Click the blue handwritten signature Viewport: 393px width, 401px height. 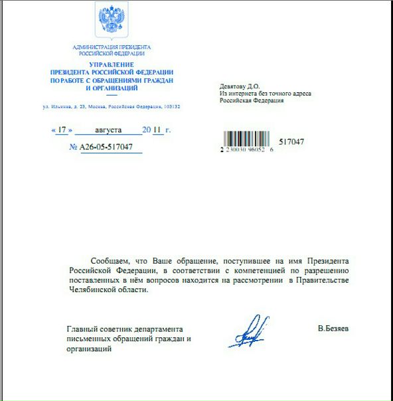click(250, 331)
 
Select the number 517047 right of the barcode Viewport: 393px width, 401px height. click(292, 142)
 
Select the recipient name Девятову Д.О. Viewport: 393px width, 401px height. click(240, 86)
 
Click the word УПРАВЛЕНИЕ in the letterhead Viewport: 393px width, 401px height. click(112, 64)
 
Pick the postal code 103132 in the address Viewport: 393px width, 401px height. click(171, 106)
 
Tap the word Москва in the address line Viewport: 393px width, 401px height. click(98, 106)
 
